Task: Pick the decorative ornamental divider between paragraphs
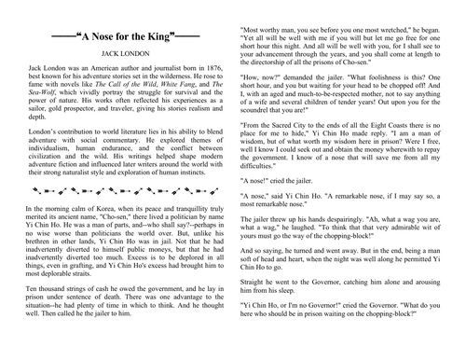pos(116,213)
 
